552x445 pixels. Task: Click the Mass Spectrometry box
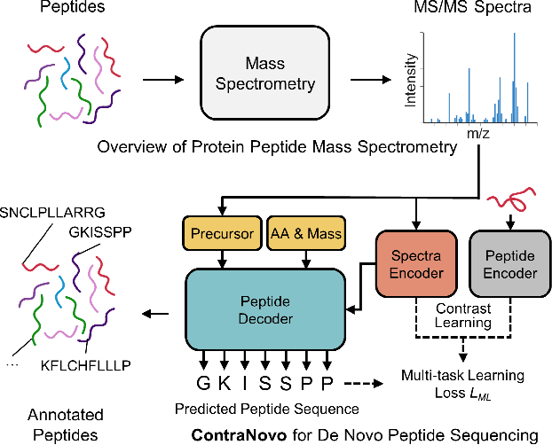pyautogui.click(x=265, y=76)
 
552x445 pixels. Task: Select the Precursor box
pyautogui.click(x=220, y=234)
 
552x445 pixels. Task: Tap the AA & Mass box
pyautogui.click(x=306, y=234)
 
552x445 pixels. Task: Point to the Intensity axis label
pyautogui.click(x=411, y=82)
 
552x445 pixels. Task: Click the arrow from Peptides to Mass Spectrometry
pyautogui.click(x=158, y=77)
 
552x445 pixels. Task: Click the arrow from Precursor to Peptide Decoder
pyautogui.click(x=220, y=258)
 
